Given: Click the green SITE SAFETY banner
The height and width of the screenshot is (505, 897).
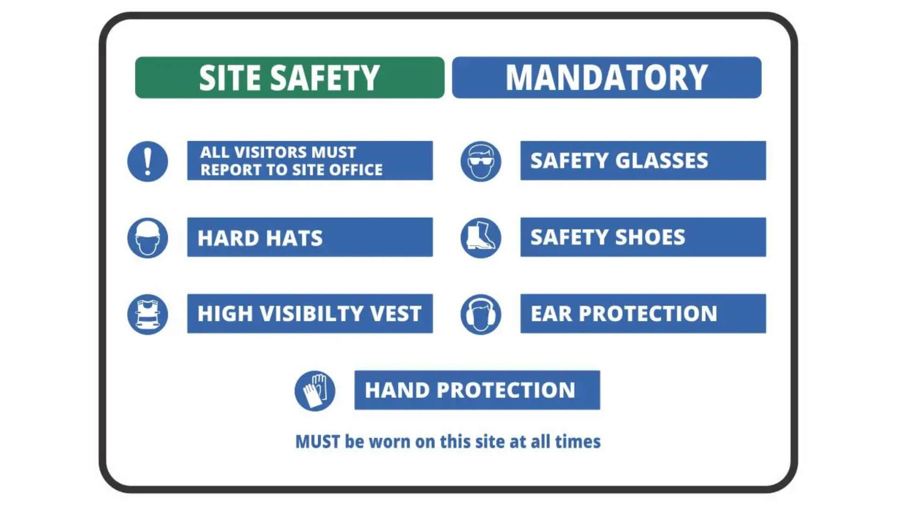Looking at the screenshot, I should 290,78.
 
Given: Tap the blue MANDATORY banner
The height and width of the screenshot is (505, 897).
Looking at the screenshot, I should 606,78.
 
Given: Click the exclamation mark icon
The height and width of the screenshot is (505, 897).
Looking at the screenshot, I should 148,161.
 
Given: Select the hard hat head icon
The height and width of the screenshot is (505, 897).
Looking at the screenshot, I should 148,238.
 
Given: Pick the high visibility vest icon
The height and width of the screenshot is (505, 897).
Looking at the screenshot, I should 148,314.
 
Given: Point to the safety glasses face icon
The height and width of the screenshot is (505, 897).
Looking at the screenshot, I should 481,161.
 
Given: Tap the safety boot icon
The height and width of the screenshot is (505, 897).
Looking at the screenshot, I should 481,238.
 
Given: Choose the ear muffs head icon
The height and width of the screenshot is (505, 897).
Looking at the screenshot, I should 481,314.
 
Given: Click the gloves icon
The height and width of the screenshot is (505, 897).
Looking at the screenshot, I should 315,391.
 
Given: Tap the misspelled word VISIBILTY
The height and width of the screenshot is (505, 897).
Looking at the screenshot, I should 311,314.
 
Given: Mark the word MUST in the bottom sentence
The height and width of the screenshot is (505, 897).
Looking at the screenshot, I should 318,442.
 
